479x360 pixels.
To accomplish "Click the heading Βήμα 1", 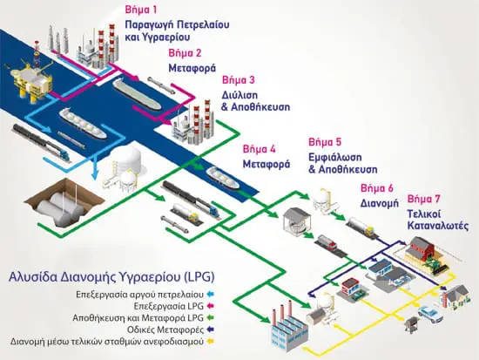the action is [x=141, y=10].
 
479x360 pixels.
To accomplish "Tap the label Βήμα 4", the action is [x=259, y=150].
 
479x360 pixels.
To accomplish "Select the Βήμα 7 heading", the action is [x=424, y=200].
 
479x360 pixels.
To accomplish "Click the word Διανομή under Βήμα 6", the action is [x=380, y=203].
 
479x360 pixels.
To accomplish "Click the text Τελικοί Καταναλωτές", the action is [x=438, y=220].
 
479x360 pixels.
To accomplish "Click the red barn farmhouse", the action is [x=426, y=252].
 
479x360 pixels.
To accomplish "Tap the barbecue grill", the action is [x=412, y=323].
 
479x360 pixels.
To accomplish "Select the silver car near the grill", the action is [x=430, y=313].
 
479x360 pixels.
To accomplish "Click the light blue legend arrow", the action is [x=211, y=295].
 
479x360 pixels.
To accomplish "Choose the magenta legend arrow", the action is [x=211, y=306].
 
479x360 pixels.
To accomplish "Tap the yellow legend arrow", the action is [x=211, y=342].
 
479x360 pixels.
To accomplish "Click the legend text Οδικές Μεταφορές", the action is [x=165, y=329].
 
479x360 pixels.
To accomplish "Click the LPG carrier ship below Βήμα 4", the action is [x=222, y=177].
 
